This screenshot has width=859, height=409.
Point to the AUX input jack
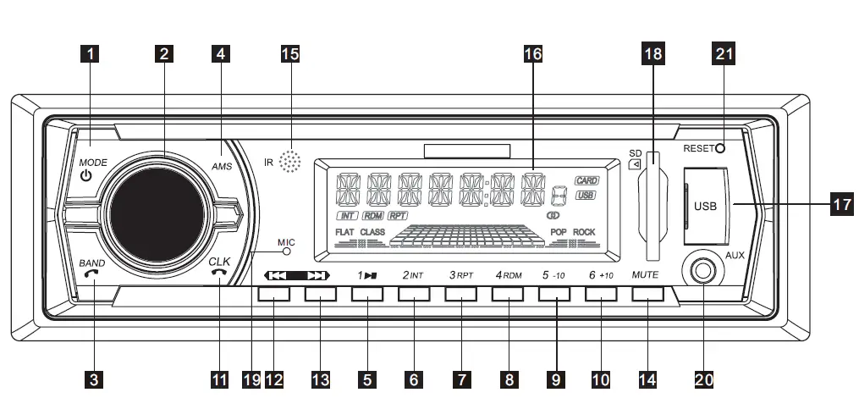(x=702, y=272)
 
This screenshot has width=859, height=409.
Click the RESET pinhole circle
(x=720, y=149)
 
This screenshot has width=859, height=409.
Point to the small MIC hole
(x=287, y=251)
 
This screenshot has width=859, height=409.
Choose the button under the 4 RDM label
(x=508, y=294)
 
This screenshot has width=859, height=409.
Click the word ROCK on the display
(x=584, y=232)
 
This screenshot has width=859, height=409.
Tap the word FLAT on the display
(x=344, y=232)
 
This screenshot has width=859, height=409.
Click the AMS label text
(x=221, y=167)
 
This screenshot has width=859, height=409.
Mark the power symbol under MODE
(x=85, y=176)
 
